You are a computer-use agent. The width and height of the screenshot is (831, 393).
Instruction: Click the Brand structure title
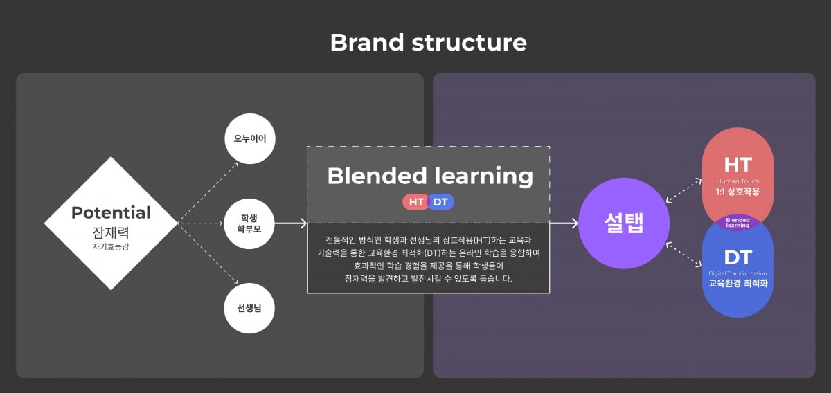coord(428,42)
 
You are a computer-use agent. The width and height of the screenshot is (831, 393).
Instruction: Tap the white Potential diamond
coord(111,223)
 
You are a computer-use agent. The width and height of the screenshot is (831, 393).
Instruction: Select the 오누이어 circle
coord(250,138)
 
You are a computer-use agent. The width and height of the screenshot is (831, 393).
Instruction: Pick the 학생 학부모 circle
coord(250,223)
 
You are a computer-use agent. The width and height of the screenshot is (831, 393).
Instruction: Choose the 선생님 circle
coord(250,308)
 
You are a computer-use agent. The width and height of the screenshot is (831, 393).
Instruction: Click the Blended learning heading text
coord(430,176)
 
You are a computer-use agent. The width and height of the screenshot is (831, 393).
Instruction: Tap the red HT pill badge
coord(417,202)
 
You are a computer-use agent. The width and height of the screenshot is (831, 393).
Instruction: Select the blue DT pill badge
coord(440,202)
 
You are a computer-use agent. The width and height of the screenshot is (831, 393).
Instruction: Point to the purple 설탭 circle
coord(624,223)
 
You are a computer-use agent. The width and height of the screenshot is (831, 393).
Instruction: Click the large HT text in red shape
coord(738,165)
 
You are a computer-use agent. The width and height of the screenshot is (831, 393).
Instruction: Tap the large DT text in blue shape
coord(738,257)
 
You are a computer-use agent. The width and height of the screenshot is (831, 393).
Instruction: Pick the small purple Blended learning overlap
coord(738,223)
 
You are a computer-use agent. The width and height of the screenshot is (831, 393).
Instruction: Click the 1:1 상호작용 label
coord(738,192)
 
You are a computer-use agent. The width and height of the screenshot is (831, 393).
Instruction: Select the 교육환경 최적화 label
coord(738,283)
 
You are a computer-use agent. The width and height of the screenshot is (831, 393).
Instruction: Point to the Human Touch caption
coord(738,181)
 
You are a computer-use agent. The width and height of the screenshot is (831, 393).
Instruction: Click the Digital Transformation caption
coord(738,273)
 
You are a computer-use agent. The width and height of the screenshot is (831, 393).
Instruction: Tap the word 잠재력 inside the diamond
coord(111,232)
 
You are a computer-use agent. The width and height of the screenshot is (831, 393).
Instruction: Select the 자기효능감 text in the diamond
coord(111,246)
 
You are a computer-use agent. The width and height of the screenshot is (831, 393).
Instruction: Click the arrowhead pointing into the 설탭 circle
coord(574,223)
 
